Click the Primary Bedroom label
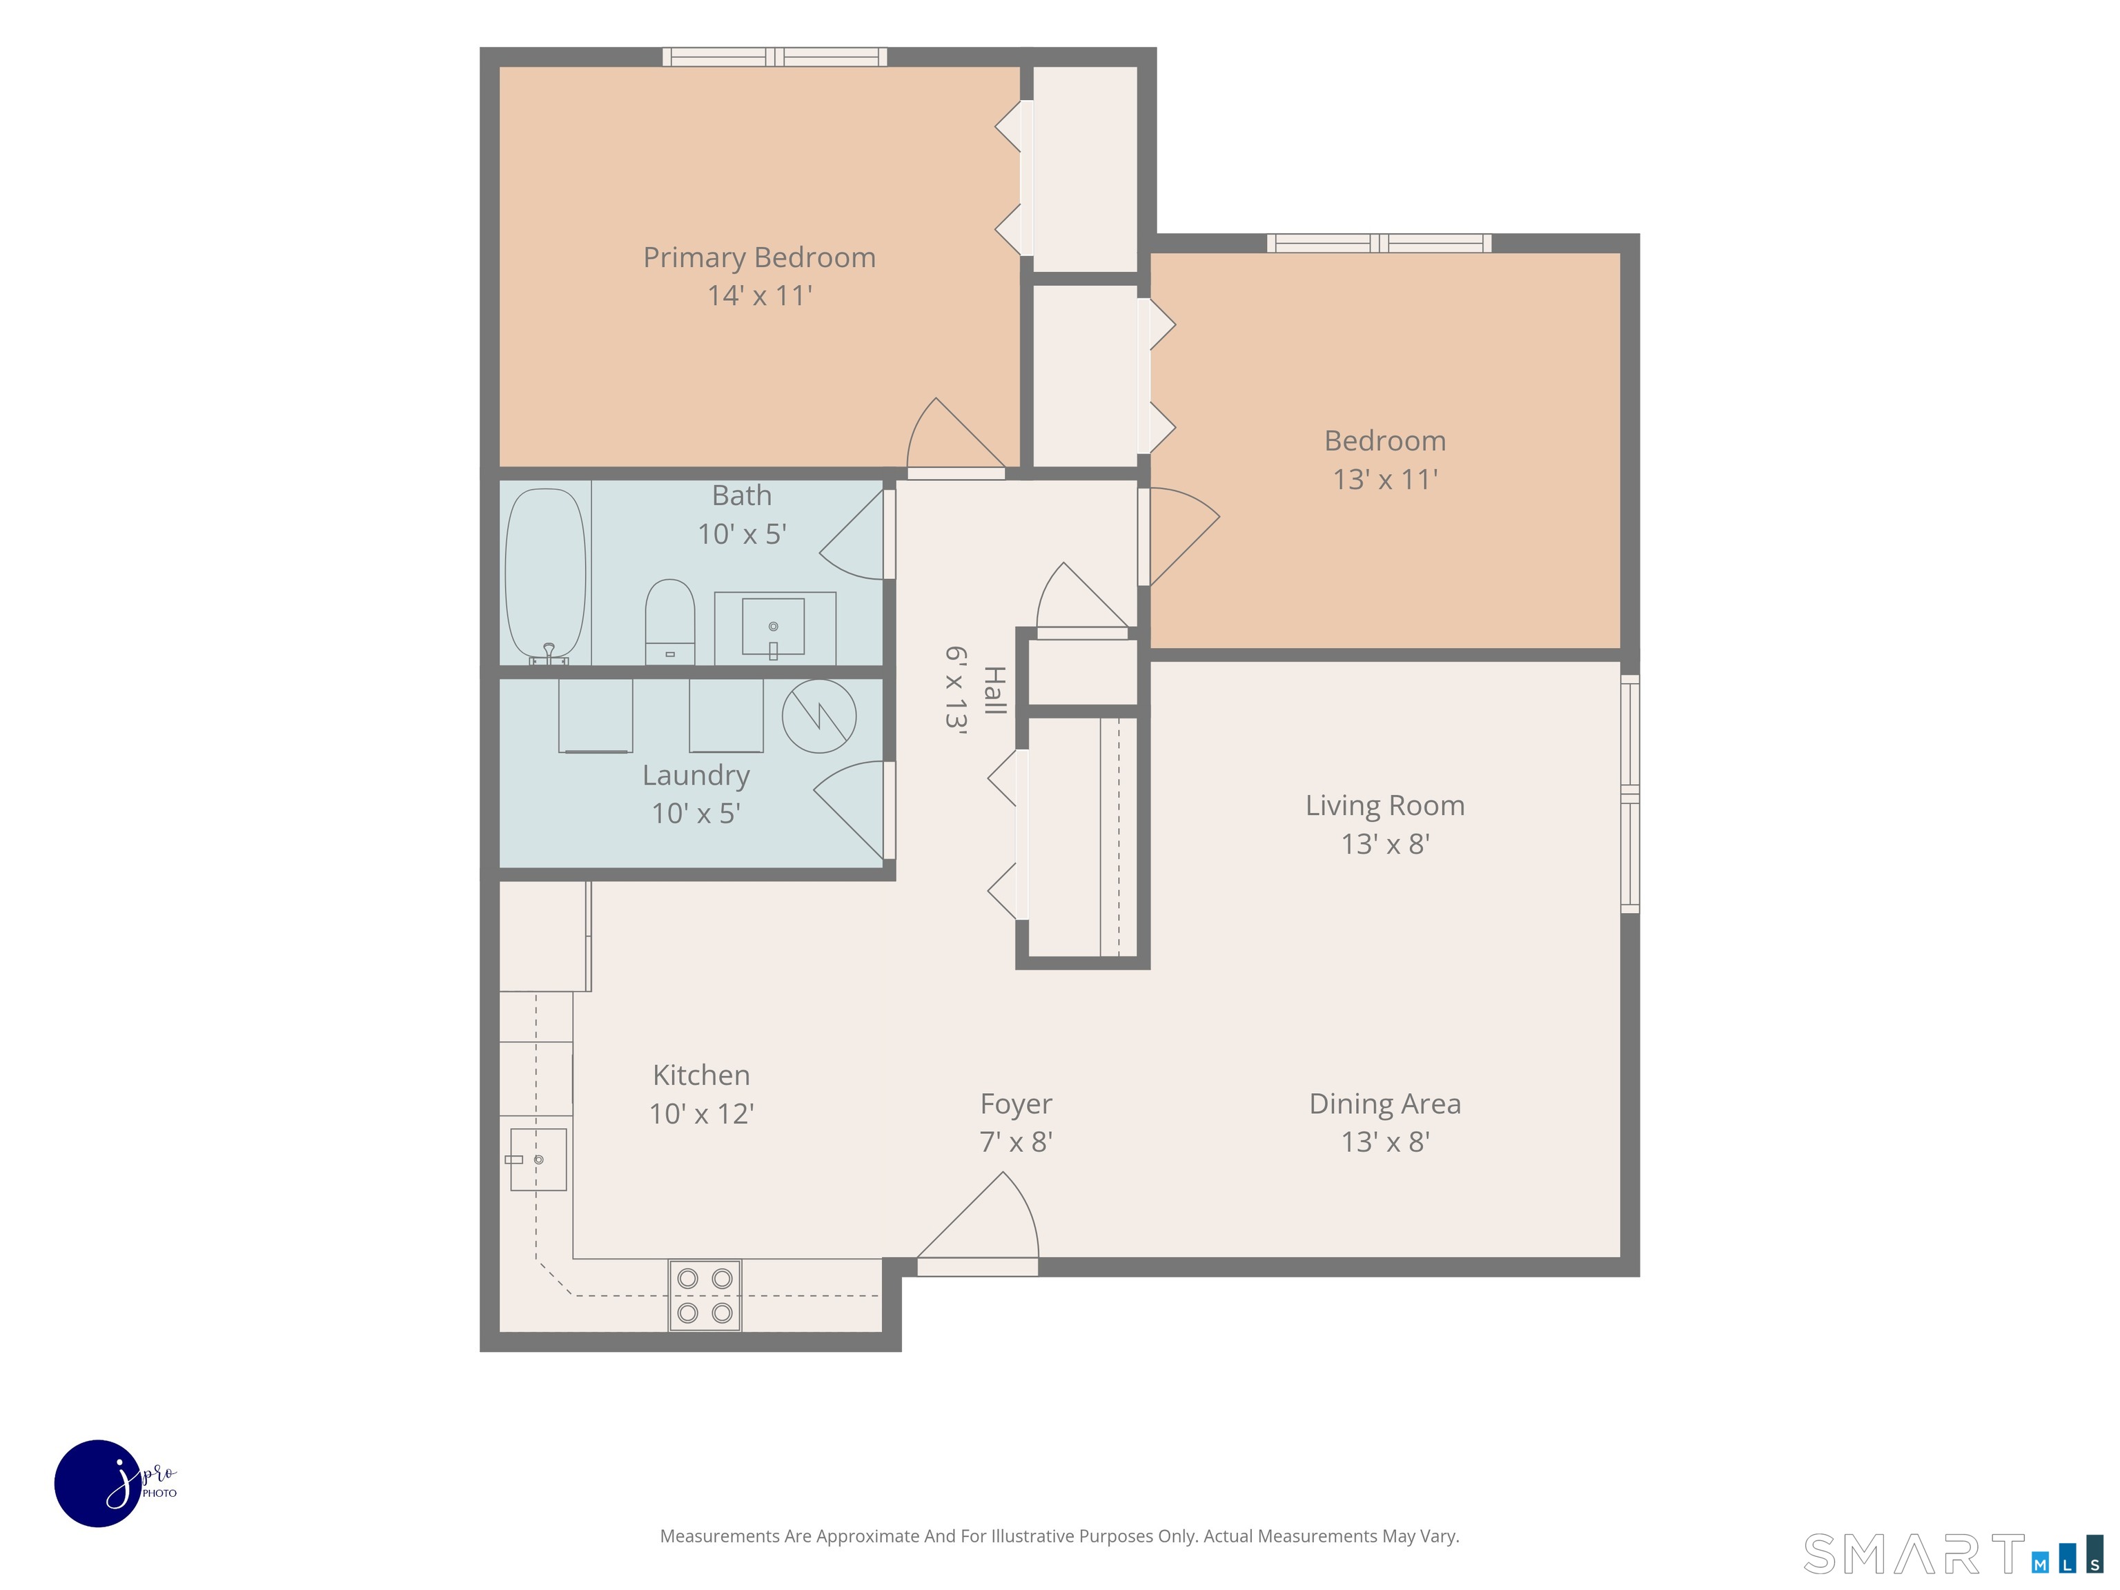[759, 258]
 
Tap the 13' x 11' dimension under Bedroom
[1385, 479]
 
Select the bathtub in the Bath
[545, 574]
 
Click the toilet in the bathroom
[670, 621]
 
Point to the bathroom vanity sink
[774, 627]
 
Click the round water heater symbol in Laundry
[818, 716]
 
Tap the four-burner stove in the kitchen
[705, 1295]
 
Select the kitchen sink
[538, 1159]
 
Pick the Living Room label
[1385, 806]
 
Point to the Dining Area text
[1385, 1104]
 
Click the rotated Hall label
[995, 690]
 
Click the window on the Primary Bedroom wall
[774, 57]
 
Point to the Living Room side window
[1630, 794]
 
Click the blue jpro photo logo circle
[99, 1482]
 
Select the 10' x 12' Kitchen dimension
[702, 1114]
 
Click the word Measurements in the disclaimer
[720, 1536]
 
